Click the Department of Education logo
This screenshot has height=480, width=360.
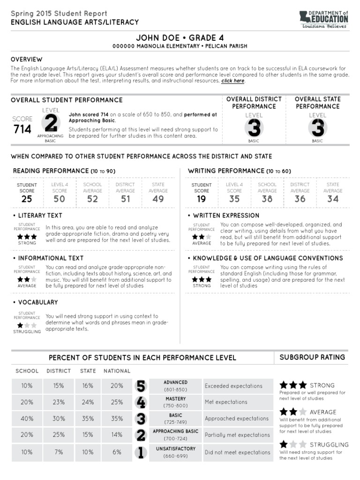pos(324,20)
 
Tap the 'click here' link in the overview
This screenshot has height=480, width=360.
pos(233,81)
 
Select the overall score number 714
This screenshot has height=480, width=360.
pos(22,129)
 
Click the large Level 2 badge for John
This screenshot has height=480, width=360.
pos(50,124)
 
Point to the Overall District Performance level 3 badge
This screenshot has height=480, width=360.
pos(254,127)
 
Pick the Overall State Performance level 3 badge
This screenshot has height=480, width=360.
pos(317,127)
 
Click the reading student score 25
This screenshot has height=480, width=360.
pos(27,199)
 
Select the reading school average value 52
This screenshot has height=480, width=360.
pos(92,199)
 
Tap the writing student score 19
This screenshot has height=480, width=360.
pos(202,199)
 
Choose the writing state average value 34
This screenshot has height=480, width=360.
pos(333,199)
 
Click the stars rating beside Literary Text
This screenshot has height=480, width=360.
pos(27,237)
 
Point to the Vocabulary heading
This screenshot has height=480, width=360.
pos(38,302)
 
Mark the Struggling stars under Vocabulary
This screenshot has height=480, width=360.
pos(27,325)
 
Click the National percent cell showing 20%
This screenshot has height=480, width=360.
pos(117,386)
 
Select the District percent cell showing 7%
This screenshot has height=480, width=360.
pos(59,452)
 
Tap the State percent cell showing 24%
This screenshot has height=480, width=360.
pos(88,402)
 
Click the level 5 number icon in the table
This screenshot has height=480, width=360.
pos(141,386)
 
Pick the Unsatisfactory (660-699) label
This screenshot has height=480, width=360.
pos(175,452)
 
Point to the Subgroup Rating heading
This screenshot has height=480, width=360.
pos(312,357)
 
